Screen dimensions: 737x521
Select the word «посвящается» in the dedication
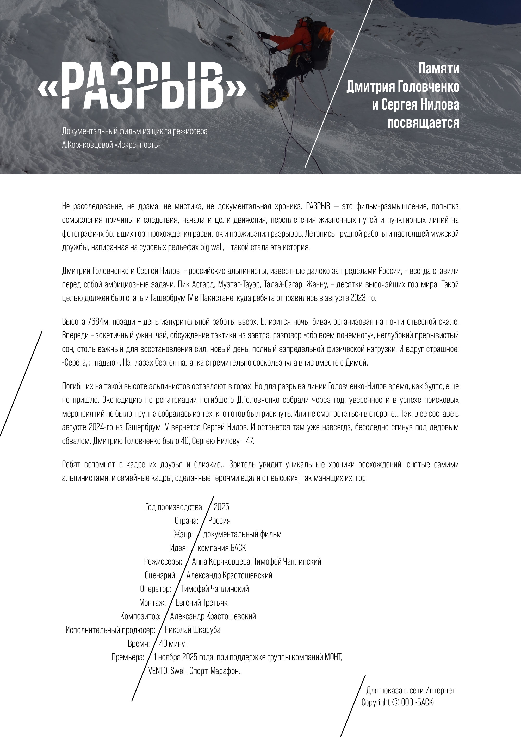pos(423,123)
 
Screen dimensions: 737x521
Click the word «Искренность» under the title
pos(137,145)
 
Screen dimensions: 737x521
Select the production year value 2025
pos(221,507)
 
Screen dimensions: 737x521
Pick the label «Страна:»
pos(186,521)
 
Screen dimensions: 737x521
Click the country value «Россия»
pos(219,521)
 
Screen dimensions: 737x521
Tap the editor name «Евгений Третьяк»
pos(201,603)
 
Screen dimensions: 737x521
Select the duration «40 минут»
pos(174,643)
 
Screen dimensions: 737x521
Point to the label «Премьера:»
pos(127,657)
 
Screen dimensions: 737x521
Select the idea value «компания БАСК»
pos(221,548)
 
